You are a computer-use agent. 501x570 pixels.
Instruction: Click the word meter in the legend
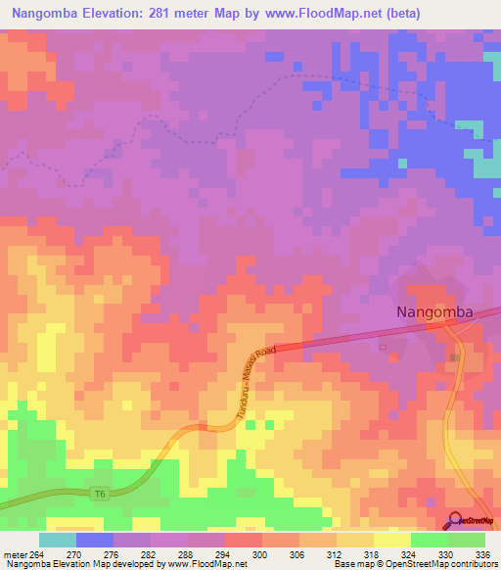pos(14,554)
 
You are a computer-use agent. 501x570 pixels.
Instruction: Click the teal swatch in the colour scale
pos(58,540)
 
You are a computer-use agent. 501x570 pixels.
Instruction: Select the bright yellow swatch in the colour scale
pos(391,540)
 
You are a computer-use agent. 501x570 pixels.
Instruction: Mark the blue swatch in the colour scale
pos(95,540)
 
